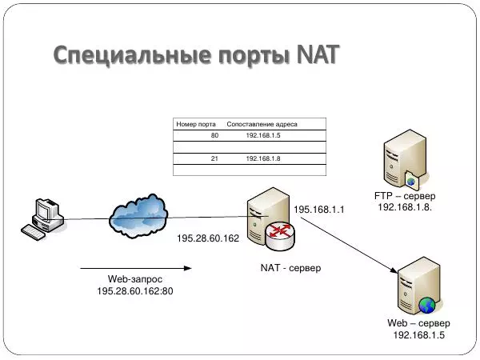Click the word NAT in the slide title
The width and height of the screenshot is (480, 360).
pyautogui.click(x=317, y=55)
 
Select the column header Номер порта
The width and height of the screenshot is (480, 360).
pyautogui.click(x=195, y=124)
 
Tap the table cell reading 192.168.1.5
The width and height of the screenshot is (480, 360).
pyautogui.click(x=262, y=136)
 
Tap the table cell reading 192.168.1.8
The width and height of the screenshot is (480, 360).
pyautogui.click(x=262, y=159)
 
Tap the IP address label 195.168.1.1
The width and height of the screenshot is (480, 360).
pyautogui.click(x=318, y=210)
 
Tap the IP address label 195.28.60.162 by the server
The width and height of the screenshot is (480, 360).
pyautogui.click(x=208, y=238)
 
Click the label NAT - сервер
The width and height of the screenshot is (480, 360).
pyautogui.click(x=290, y=268)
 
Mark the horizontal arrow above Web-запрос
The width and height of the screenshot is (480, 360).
pyautogui.click(x=127, y=268)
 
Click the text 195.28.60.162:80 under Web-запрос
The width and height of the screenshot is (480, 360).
pyautogui.click(x=134, y=290)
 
